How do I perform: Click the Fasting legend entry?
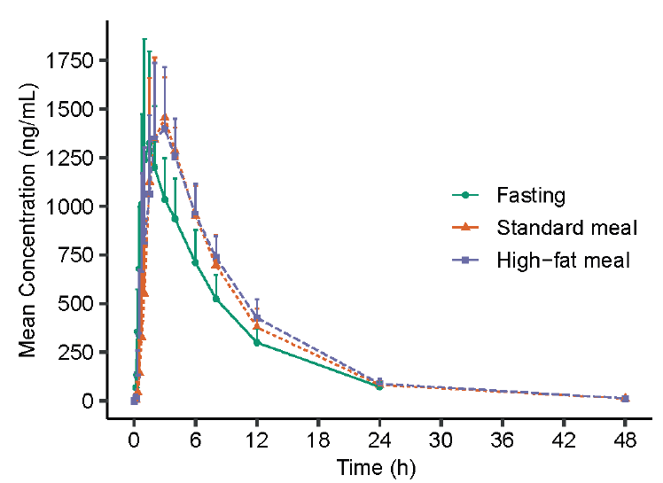[x=531, y=195]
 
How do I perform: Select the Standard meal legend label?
[x=567, y=228]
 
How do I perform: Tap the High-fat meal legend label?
[x=563, y=261]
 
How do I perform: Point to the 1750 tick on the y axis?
[x=81, y=61]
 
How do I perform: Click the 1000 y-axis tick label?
[x=81, y=206]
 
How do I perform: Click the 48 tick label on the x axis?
[x=625, y=440]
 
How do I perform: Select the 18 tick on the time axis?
[x=318, y=440]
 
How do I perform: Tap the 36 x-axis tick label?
[x=503, y=440]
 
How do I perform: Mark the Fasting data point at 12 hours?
[x=257, y=342]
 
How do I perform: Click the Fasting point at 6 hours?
[x=195, y=262]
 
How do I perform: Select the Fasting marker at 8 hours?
[x=216, y=299]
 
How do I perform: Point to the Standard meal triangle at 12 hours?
[x=257, y=326]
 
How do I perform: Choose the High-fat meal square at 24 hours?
[x=379, y=383]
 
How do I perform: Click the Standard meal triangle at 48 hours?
[x=625, y=398]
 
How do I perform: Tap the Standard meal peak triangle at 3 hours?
[x=164, y=117]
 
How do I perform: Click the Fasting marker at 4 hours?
[x=175, y=219]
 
